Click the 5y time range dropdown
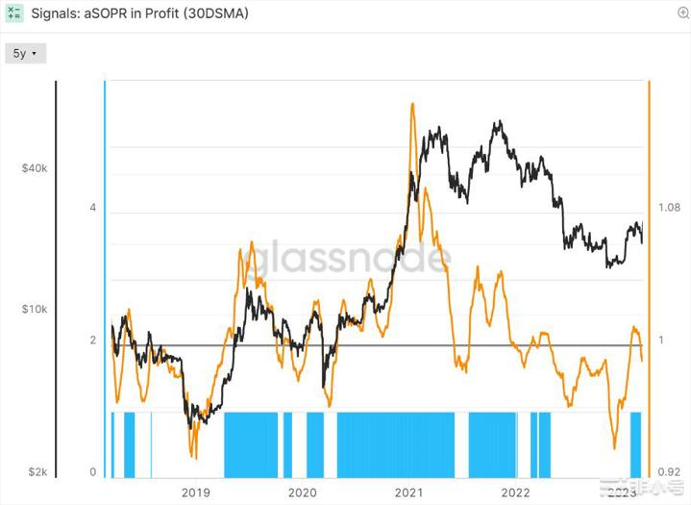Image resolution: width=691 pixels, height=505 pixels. coord(24,54)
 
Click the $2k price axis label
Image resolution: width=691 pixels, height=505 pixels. coord(37,472)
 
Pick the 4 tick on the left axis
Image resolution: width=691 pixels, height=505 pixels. coord(93,208)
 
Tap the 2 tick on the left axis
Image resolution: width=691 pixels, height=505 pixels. coord(93,341)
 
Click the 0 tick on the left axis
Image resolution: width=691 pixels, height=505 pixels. coord(93,471)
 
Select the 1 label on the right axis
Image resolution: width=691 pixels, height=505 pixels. coord(661,341)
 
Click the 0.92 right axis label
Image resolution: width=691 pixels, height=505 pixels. coord(670,472)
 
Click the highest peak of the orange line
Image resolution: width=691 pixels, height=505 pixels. coord(412,104)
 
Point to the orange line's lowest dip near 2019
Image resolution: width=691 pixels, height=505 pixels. coord(194,456)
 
